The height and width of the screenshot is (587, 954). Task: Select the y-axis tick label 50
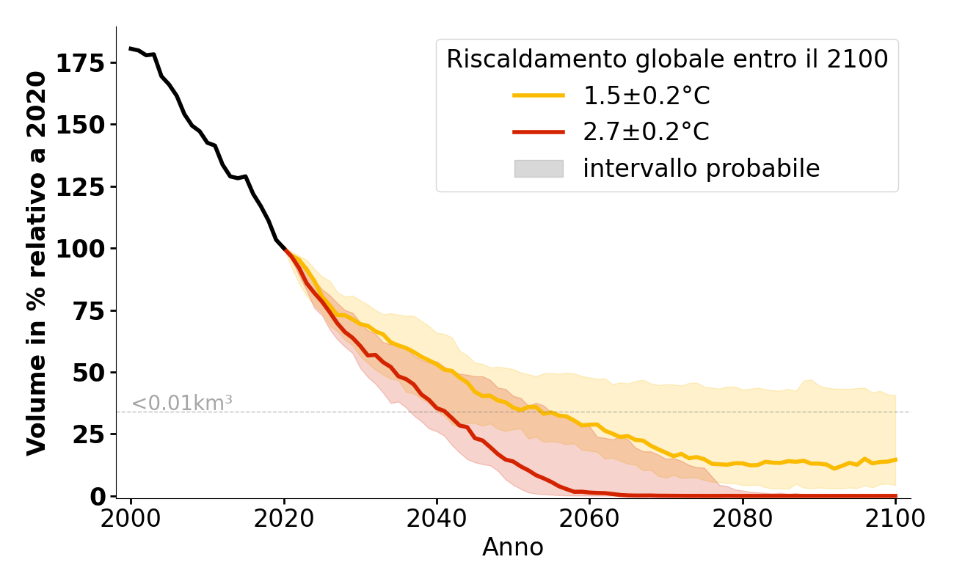tap(88, 373)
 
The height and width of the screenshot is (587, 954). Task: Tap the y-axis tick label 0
tap(98, 497)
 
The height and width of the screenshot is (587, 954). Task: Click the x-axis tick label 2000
tap(131, 519)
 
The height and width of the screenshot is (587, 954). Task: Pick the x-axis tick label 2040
tap(437, 519)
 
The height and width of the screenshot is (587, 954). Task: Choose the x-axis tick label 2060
tap(590, 519)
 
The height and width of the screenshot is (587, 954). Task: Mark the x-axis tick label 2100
tap(895, 519)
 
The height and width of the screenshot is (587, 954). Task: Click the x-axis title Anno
tap(513, 548)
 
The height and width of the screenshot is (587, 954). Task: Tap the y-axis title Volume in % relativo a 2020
tap(37, 263)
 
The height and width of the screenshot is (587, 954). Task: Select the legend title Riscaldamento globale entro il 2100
tap(667, 59)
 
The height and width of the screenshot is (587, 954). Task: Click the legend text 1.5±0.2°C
tap(647, 96)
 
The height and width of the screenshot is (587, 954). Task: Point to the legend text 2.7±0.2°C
tap(647, 132)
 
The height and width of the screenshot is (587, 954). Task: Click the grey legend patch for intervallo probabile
tap(539, 169)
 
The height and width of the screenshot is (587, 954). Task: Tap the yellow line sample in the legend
tap(539, 95)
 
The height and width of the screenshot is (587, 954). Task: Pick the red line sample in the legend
tap(539, 132)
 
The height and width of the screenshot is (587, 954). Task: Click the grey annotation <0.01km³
tap(182, 403)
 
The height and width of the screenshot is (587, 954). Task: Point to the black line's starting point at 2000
tap(131, 48)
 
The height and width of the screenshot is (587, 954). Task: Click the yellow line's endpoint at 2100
tap(895, 460)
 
